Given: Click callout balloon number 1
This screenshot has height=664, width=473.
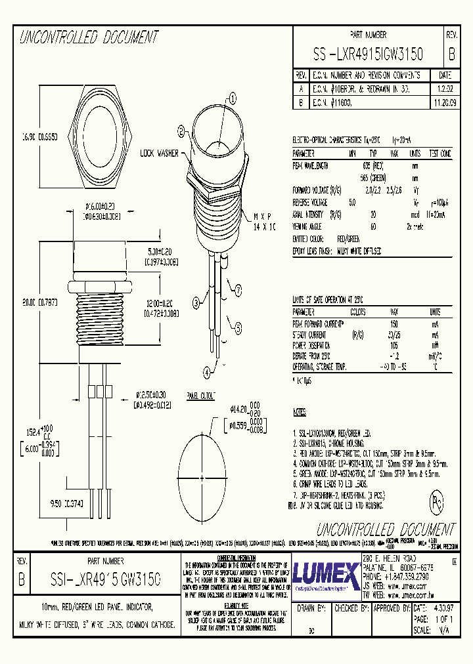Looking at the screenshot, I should point(231,99).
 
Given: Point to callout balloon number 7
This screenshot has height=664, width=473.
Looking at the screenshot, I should point(238,289).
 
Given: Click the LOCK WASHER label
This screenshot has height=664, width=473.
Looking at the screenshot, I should point(158,153).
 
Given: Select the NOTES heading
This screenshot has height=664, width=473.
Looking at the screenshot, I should point(300,412).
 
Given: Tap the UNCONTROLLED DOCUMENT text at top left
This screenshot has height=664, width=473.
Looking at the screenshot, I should point(89,37).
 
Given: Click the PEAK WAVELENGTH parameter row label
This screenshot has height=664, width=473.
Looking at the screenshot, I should point(313,167).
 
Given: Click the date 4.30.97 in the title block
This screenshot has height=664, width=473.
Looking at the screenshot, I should point(441,608).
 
